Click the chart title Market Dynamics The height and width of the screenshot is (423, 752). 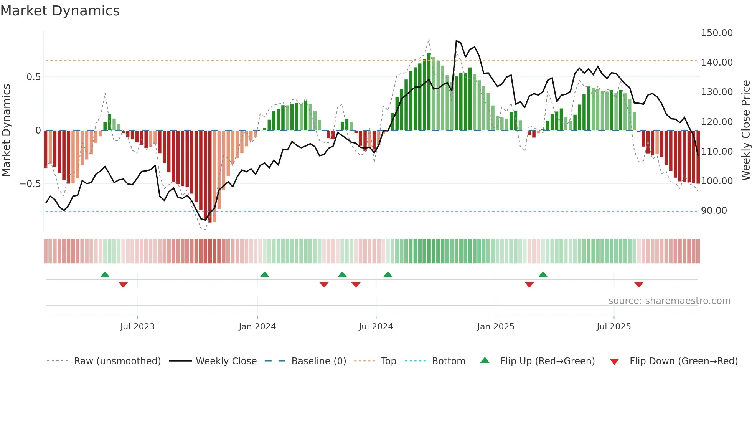60,11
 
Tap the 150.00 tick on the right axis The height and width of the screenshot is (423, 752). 716,33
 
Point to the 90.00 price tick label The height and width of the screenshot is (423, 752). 714,211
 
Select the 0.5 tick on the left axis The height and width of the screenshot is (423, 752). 33,77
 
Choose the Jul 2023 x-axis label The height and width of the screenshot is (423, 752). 137,327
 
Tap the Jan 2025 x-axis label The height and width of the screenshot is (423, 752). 495,327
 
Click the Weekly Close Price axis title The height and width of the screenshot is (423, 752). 745,130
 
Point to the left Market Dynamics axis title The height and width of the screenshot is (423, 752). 6,130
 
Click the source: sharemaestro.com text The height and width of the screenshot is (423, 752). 669,301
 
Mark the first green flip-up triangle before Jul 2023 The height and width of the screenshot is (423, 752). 105,274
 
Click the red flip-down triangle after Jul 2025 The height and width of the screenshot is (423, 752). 638,284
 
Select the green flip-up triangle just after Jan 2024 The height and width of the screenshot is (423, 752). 264,274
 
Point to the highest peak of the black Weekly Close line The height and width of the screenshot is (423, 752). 456,40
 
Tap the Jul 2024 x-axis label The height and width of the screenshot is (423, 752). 376,327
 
